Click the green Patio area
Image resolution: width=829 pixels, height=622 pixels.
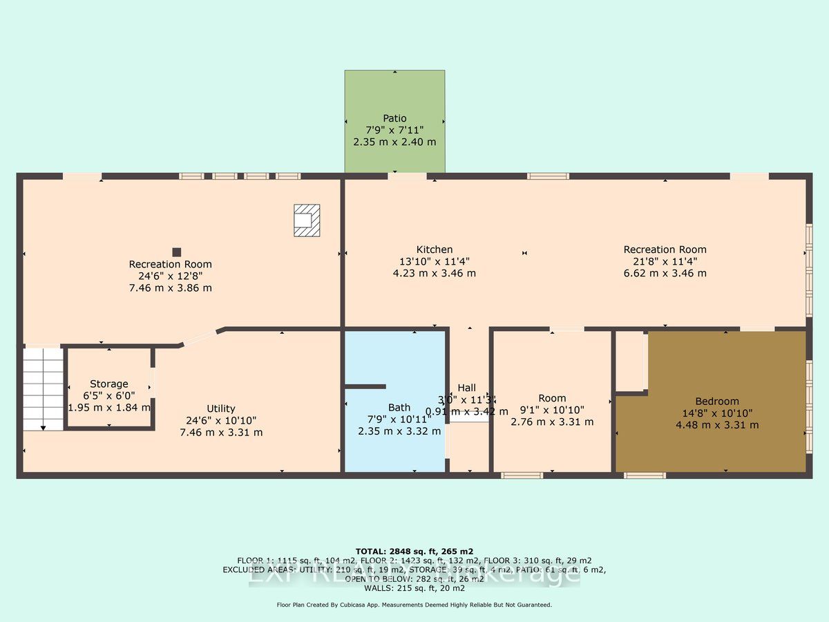click(x=394, y=97)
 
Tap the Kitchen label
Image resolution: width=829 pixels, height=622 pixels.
click(x=434, y=249)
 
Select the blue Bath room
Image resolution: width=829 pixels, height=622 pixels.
click(x=394, y=442)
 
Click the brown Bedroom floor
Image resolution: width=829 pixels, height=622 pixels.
click(x=712, y=442)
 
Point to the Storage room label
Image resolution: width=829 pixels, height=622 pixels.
click(x=109, y=384)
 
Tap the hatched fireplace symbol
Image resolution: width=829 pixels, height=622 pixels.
click(x=307, y=220)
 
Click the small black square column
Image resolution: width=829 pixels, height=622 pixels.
click(x=177, y=252)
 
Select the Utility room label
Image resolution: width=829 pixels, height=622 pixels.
click(x=221, y=408)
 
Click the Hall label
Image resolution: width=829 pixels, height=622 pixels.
click(x=466, y=388)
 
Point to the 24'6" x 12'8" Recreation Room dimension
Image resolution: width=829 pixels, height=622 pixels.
click(x=171, y=276)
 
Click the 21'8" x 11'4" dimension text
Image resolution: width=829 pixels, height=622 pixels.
click(x=665, y=261)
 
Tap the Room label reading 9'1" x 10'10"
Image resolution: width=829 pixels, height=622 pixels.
click(x=552, y=398)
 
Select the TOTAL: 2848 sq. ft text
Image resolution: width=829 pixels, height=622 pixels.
click(x=414, y=551)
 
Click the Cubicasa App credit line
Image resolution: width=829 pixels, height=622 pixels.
click(x=414, y=605)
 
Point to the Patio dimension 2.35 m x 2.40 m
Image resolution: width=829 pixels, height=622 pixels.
click(x=394, y=142)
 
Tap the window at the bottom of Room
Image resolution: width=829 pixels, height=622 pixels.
click(x=522, y=475)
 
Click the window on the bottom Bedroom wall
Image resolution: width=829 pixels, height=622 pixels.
click(x=645, y=475)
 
